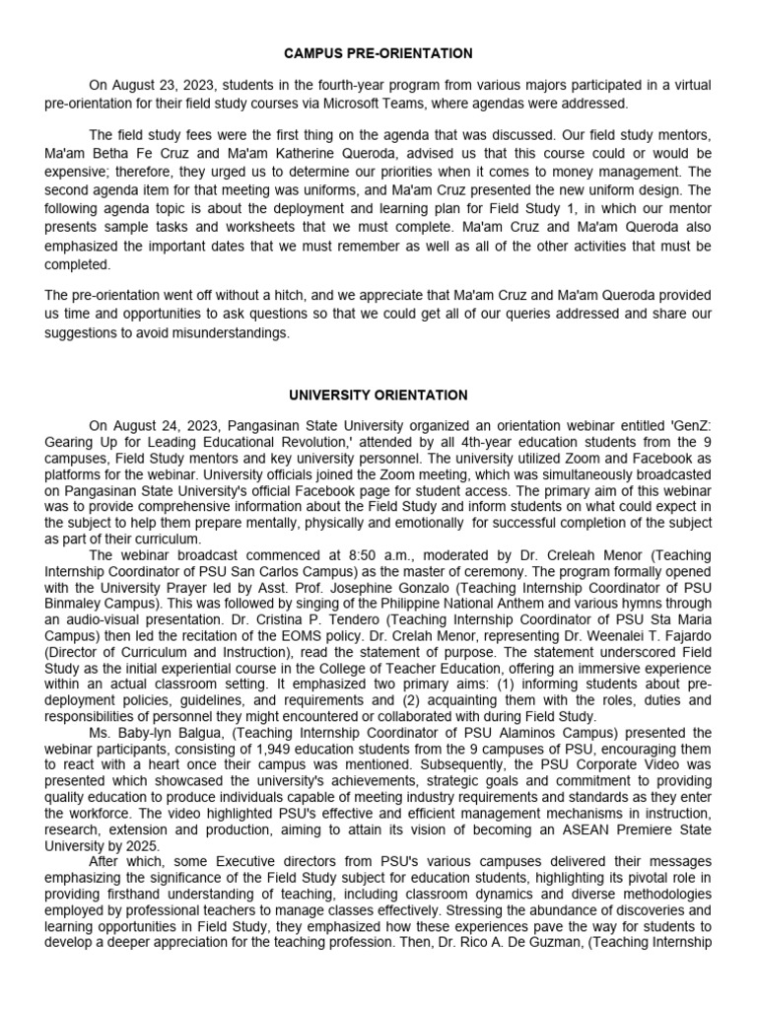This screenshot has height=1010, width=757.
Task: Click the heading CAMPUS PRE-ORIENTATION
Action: (378, 53)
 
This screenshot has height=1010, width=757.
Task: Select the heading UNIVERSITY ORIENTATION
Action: (378, 395)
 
